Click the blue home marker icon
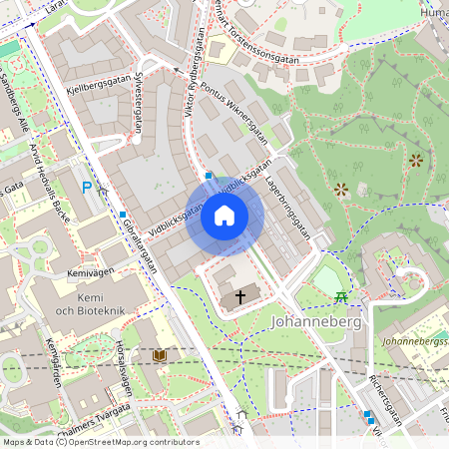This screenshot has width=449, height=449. [224, 216]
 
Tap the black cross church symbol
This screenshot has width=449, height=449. [238, 296]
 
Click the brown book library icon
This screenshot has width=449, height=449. [160, 355]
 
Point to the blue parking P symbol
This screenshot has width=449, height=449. [87, 187]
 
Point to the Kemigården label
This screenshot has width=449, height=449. [53, 363]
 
